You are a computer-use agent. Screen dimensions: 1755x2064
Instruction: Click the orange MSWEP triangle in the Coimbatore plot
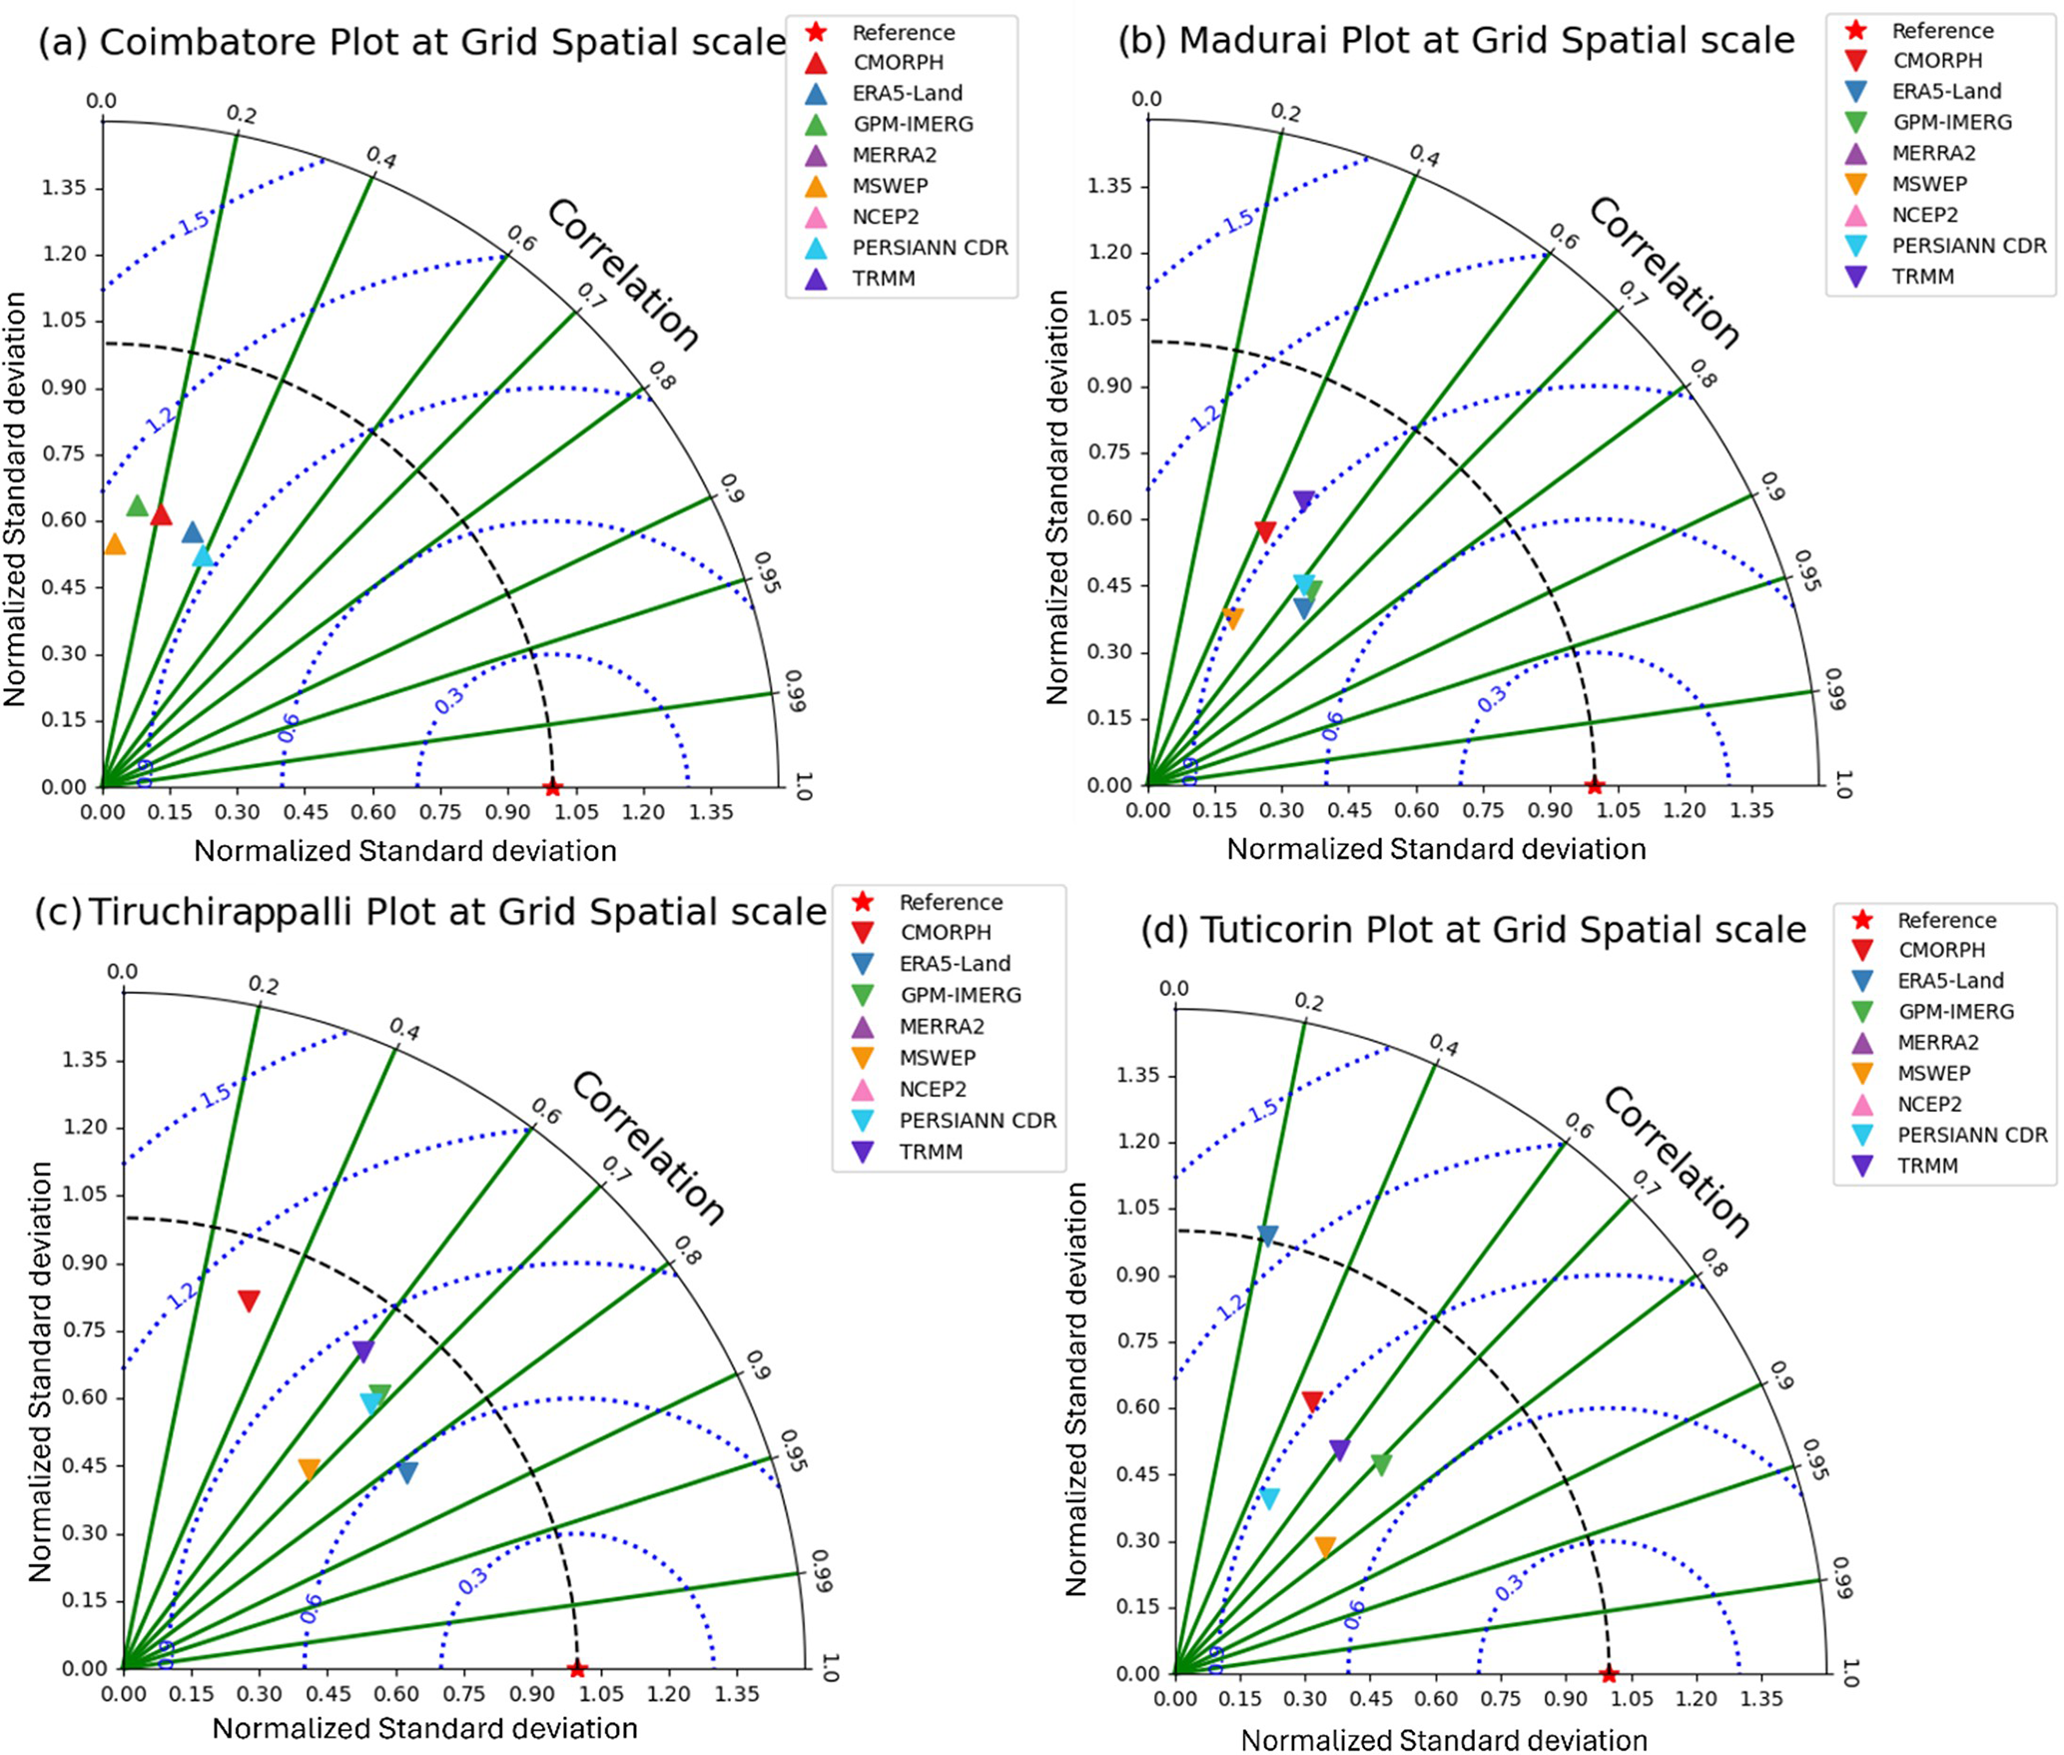tap(115, 544)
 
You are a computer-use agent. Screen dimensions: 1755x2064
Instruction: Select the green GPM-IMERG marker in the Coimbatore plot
tap(138, 505)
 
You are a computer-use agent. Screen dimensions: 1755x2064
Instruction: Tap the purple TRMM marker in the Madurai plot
tap(1303, 500)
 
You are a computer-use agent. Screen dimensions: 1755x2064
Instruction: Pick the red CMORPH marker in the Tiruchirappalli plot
tap(249, 1301)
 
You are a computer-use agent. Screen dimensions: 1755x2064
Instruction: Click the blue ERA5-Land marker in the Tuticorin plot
tap(1267, 1236)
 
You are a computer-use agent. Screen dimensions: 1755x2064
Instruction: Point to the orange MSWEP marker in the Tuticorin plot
tap(1325, 1547)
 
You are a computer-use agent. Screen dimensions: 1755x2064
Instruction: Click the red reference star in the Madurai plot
tap(1595, 785)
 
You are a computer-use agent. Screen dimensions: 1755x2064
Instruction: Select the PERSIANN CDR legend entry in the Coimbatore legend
tap(930, 248)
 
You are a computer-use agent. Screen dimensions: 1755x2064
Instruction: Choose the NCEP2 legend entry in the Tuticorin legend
tap(1929, 1104)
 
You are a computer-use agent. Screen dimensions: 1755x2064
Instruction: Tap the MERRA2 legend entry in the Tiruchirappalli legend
tap(941, 1026)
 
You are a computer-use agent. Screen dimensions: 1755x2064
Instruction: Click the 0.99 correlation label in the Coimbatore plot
tap(795, 690)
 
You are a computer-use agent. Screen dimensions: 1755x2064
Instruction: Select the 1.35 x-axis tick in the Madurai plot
tap(1751, 810)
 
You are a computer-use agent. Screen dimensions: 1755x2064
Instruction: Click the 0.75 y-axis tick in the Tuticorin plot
tap(1138, 1340)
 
